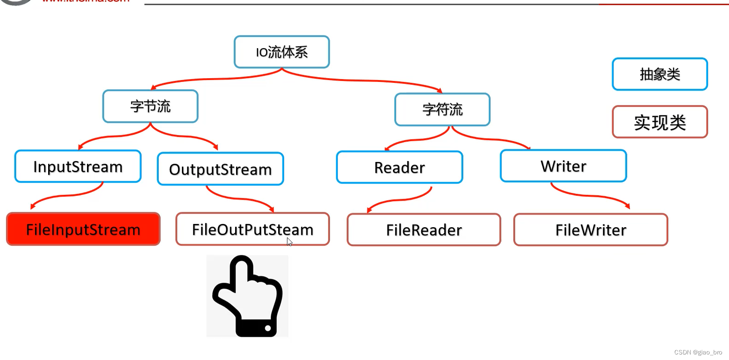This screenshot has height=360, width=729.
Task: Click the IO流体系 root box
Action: [281, 52]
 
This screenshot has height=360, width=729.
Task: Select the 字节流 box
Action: [150, 106]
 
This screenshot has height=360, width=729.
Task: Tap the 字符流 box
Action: [442, 110]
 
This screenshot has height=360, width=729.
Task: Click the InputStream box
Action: [78, 167]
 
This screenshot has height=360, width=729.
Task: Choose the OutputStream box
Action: [220, 169]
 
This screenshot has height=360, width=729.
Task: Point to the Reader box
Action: [399, 168]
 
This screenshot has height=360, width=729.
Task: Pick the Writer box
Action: [563, 166]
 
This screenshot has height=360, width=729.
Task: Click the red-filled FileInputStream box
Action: [83, 230]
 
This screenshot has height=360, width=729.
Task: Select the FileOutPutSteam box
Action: [252, 229]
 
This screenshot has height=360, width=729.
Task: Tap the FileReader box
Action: [424, 230]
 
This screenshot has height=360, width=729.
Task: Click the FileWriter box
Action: [591, 230]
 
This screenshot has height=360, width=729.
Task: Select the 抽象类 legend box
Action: [660, 74]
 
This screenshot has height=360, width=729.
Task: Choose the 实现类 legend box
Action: [660, 122]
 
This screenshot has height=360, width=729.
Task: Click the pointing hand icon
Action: [247, 296]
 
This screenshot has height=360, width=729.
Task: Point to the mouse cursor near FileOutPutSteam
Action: [289, 242]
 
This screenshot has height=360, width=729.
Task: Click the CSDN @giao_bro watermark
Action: [698, 353]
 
